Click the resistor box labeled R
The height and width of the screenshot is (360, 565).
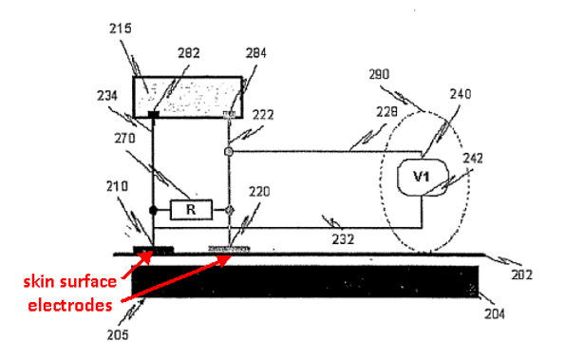tap(191, 210)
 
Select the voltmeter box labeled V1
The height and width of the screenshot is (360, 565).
tap(423, 178)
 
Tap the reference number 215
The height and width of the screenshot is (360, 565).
tap(121, 28)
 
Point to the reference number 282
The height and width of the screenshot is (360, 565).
tap(188, 53)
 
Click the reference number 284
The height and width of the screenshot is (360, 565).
tap(255, 53)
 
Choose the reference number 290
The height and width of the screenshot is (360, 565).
tap(379, 75)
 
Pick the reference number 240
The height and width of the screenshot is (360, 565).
tap(461, 94)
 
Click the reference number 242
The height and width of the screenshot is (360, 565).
tap(472, 159)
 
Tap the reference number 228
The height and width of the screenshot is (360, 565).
tap(386, 112)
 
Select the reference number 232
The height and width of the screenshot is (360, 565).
tap(343, 239)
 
